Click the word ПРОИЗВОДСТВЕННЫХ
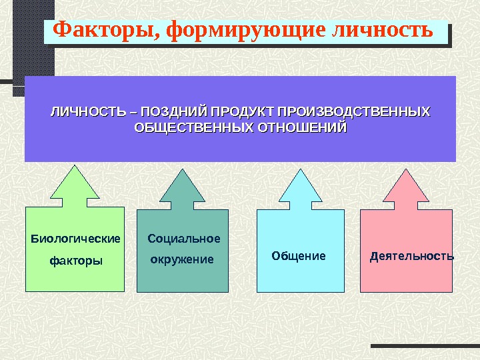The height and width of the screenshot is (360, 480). [x=354, y=111]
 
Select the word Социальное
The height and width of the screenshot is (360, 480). [x=183, y=238]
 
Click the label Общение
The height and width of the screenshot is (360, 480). [x=299, y=256]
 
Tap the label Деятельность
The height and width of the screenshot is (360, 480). [x=411, y=256]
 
